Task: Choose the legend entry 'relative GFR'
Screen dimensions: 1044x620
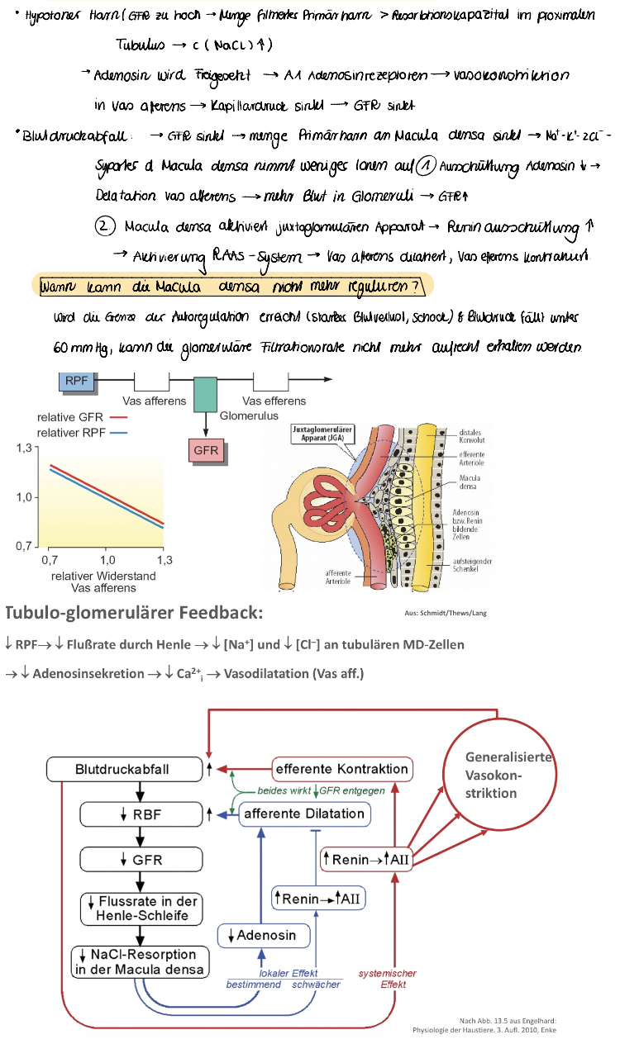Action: pyautogui.click(x=70, y=418)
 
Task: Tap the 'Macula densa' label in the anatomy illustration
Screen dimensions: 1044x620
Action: pyautogui.click(x=474, y=482)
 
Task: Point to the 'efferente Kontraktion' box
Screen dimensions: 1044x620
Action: pyautogui.click(x=342, y=769)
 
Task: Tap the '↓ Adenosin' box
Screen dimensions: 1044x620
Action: pyautogui.click(x=266, y=936)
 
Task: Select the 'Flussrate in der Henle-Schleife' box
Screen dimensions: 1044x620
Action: pyautogui.click(x=141, y=909)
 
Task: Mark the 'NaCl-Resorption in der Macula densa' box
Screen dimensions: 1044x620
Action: pyautogui.click(x=140, y=962)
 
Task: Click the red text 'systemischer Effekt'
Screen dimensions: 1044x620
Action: pyautogui.click(x=386, y=979)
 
